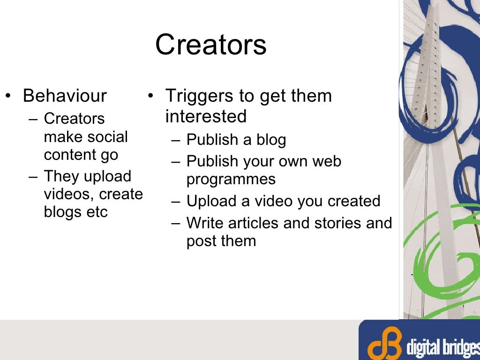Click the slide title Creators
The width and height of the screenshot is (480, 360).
point(210,45)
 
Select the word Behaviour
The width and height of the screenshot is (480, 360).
point(65,96)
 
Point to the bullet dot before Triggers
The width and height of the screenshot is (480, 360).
point(150,97)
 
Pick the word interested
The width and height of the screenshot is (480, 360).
point(206,116)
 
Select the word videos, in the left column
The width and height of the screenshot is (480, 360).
point(65,194)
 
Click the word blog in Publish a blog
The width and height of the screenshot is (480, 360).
point(271,140)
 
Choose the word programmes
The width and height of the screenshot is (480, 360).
point(231,179)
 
